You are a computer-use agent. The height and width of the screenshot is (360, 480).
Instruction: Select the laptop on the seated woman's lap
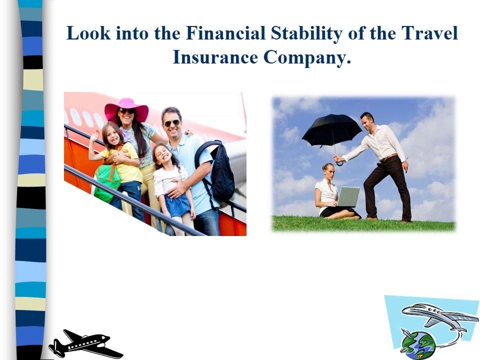[347, 197]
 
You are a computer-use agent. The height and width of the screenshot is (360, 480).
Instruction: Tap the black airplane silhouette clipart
[85, 344]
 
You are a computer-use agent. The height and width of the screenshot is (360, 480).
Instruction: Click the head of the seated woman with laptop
[328, 170]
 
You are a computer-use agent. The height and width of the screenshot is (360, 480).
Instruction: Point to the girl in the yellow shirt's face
[112, 134]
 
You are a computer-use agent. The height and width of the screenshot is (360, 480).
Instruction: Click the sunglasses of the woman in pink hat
[127, 111]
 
